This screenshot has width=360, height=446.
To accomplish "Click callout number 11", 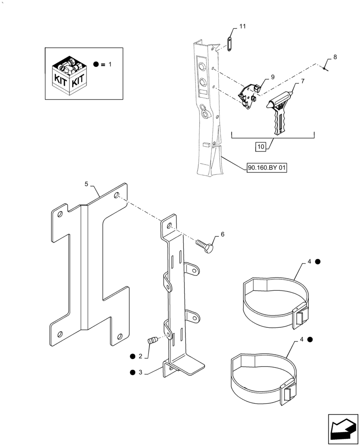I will tap(242, 27).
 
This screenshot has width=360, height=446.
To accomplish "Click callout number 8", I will tap(335, 57).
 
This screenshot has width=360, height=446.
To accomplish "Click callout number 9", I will tap(272, 77).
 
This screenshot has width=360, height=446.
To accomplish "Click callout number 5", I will tap(87, 183).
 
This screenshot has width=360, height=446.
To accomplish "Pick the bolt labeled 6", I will tap(205, 245).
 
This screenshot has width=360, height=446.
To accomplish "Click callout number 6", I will tap(222, 234).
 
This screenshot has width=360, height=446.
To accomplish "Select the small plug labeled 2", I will tap(152, 342).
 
